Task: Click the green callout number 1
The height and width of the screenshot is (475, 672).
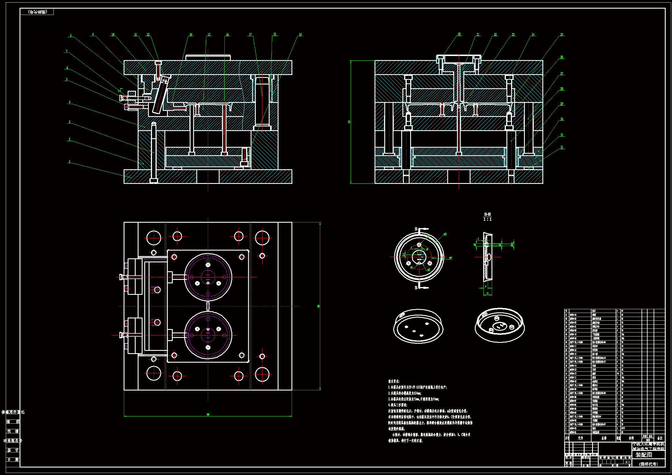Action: (x=69, y=161)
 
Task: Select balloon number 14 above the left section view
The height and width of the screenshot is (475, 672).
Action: (x=191, y=34)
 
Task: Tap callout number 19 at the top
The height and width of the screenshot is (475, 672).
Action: (x=300, y=34)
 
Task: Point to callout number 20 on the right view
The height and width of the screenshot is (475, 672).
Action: (x=459, y=34)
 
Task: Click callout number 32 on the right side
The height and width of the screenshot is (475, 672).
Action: (x=562, y=147)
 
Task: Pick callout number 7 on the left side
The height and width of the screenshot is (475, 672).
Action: (x=66, y=51)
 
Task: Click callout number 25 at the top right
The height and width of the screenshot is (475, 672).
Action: (x=562, y=34)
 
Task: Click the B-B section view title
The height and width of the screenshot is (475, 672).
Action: (x=487, y=214)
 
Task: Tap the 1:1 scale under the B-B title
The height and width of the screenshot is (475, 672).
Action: (x=487, y=219)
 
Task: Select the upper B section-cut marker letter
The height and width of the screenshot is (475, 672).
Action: (x=416, y=229)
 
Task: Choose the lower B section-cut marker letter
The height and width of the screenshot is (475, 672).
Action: (x=416, y=288)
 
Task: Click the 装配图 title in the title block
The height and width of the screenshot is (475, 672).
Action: (x=644, y=455)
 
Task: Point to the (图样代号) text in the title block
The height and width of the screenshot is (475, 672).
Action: (x=648, y=464)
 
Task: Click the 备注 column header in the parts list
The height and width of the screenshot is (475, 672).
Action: (x=660, y=438)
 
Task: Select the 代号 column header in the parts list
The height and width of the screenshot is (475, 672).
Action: (x=580, y=438)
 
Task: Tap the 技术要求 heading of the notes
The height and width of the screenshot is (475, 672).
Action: (x=394, y=381)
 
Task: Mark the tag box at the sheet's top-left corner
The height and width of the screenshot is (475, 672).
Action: (x=37, y=12)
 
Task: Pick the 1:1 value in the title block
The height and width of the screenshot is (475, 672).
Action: (x=627, y=462)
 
